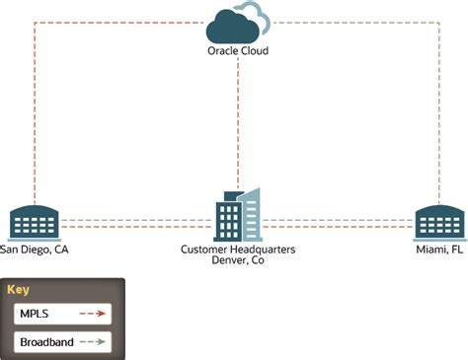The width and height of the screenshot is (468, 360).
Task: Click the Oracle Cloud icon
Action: [238, 22]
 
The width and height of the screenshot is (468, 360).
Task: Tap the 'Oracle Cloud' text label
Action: [238, 50]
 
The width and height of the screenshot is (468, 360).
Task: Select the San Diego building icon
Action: [34, 223]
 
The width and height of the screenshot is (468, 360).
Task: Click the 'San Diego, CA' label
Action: [35, 251]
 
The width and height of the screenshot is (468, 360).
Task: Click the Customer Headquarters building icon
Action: [237, 214]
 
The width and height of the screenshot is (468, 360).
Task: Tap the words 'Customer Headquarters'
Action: [238, 251]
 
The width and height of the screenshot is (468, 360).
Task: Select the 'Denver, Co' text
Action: [238, 261]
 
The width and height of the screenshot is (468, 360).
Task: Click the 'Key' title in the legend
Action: [18, 290]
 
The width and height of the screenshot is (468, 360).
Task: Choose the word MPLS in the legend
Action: [35, 315]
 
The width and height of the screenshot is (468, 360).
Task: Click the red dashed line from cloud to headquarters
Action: [237, 118]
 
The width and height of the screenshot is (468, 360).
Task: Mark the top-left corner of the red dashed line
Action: [35, 22]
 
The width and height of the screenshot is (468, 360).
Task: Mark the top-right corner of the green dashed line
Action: [438, 22]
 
